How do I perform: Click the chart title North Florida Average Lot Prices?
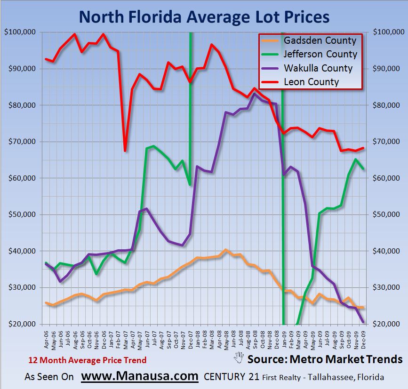pyautogui.click(x=204, y=17)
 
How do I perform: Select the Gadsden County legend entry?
pyautogui.click(x=320, y=40)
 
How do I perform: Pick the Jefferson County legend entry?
pyautogui.click(x=320, y=54)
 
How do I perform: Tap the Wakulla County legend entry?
pyautogui.click(x=318, y=68)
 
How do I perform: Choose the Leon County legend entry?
pyautogui.click(x=311, y=82)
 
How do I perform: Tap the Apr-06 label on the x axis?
pyautogui.click(x=47, y=337)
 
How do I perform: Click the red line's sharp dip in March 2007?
pyautogui.click(x=125, y=151)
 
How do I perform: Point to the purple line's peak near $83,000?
pyautogui.click(x=255, y=94)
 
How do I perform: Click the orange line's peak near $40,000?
pyautogui.click(x=225, y=250)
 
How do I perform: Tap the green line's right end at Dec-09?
pyautogui.click(x=363, y=169)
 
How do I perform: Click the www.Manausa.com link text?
pyautogui.click(x=140, y=376)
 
